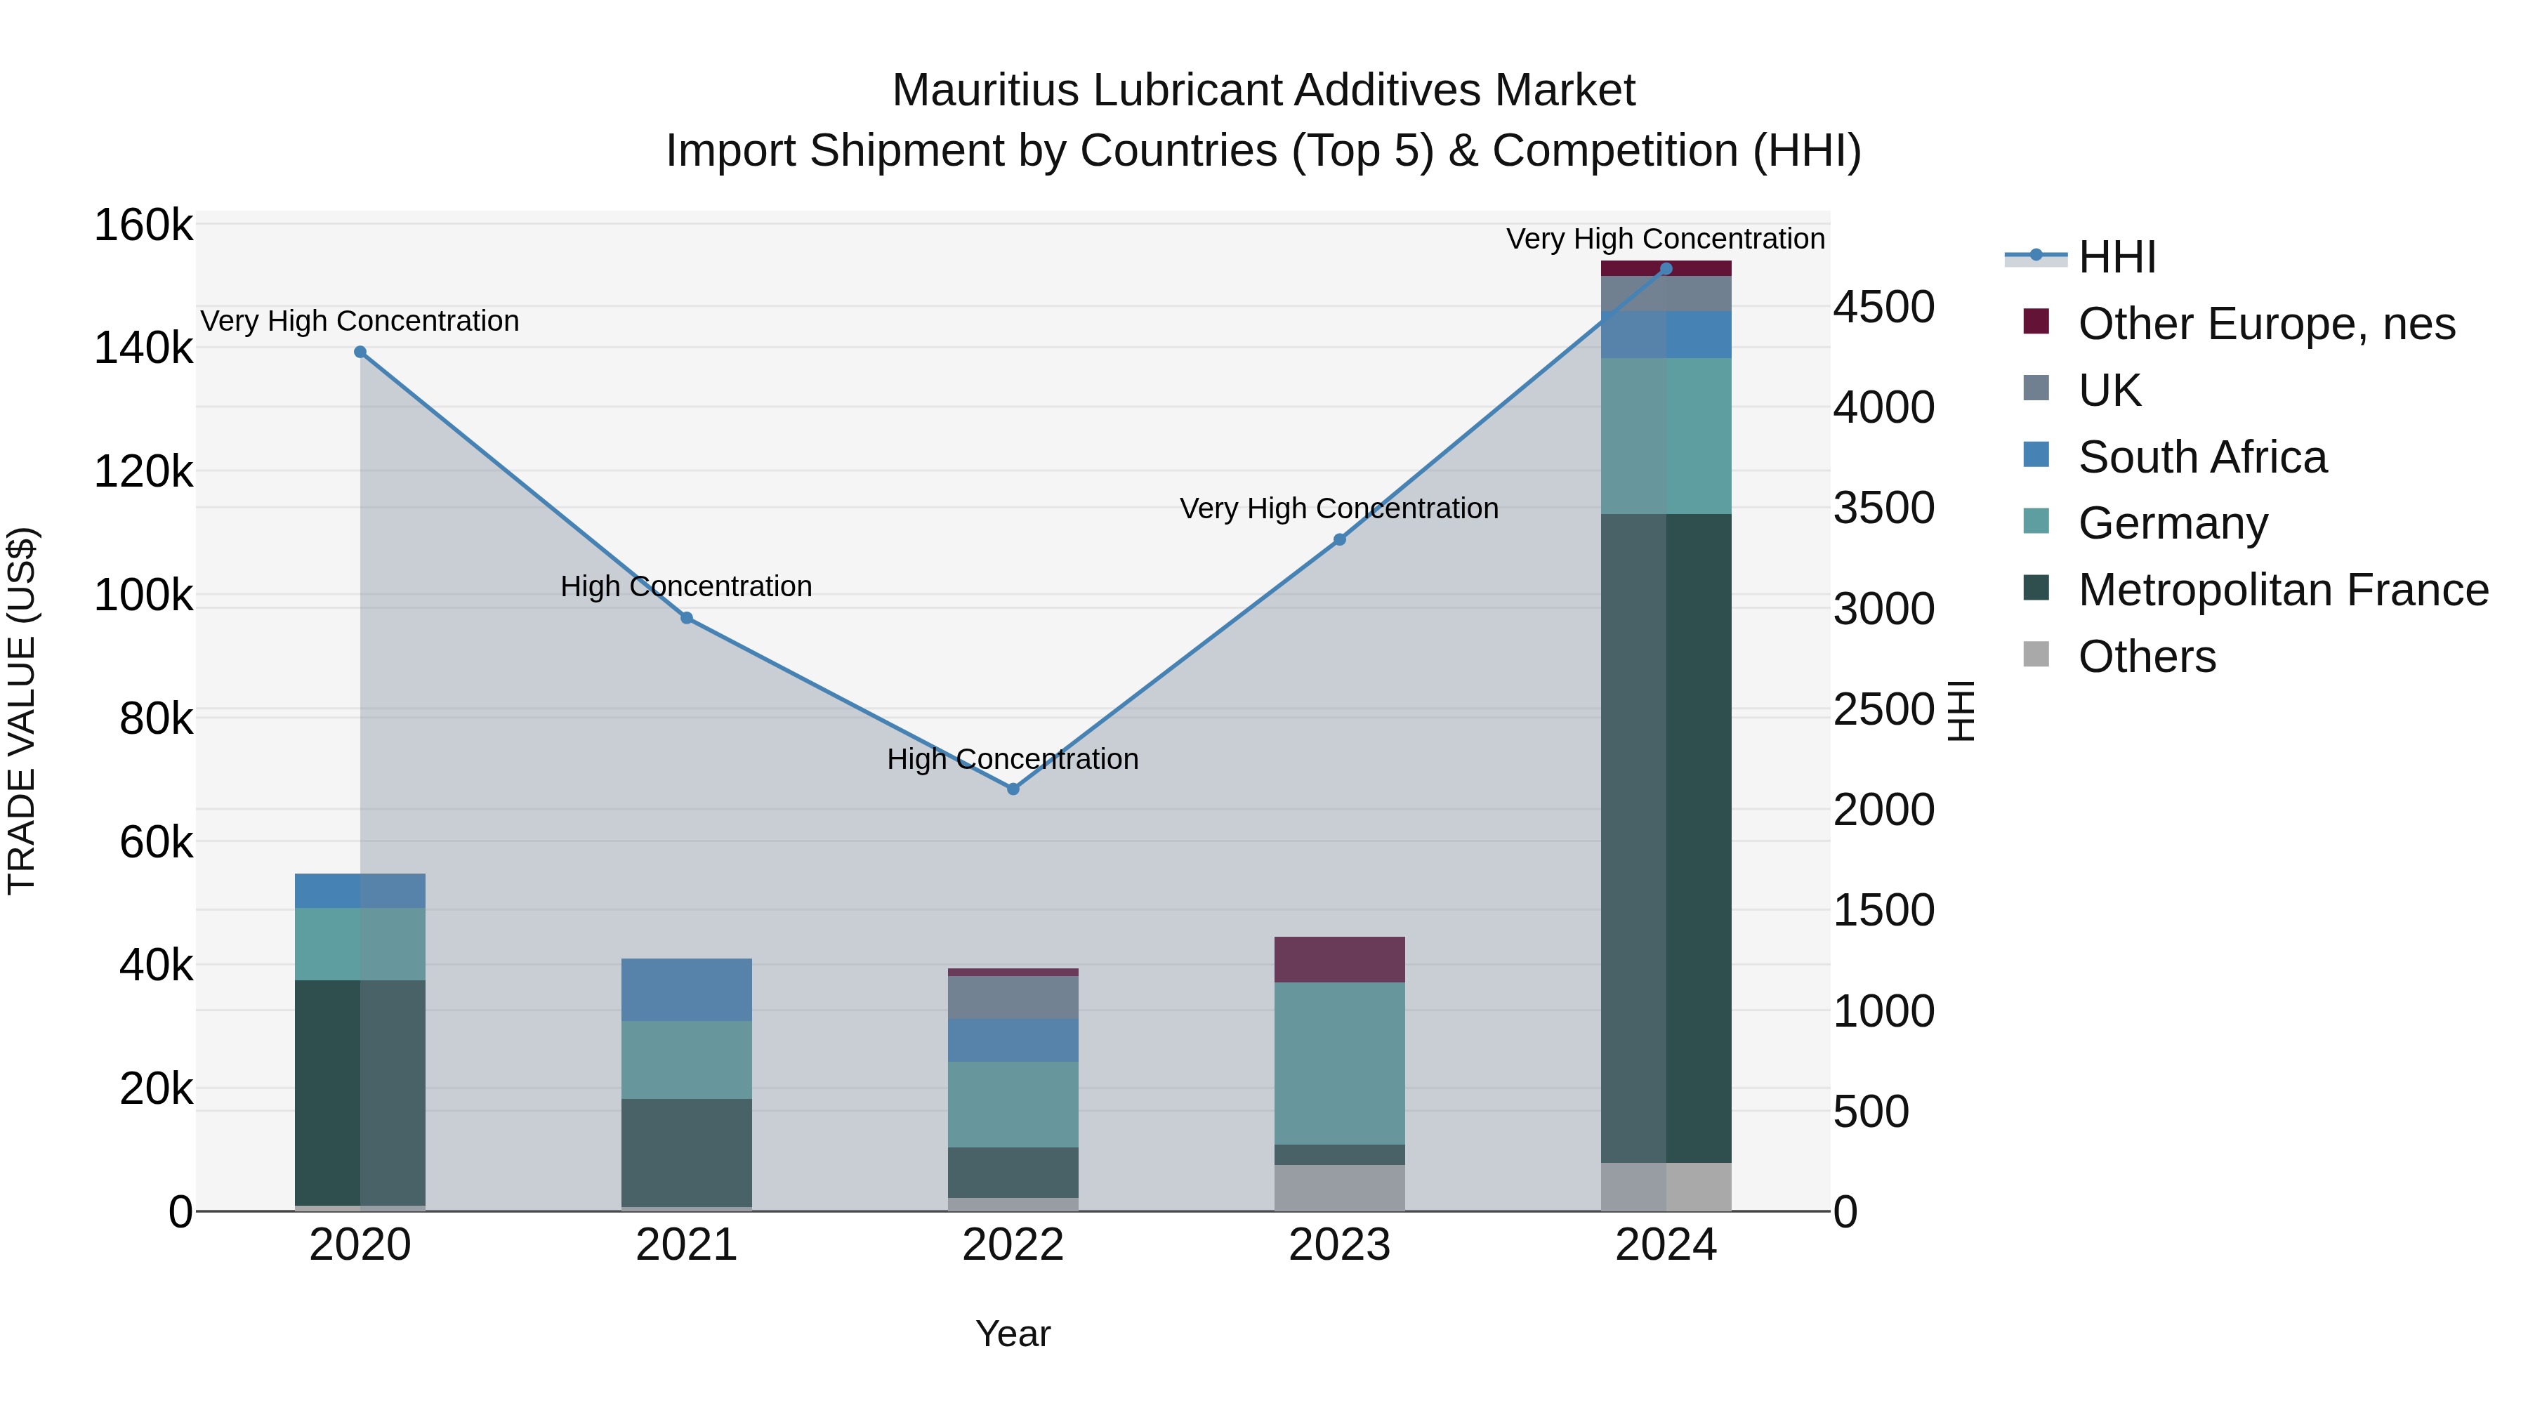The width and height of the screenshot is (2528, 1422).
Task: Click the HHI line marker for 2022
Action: pyautogui.click(x=1013, y=789)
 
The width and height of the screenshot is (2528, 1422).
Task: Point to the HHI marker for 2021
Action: pyautogui.click(x=687, y=618)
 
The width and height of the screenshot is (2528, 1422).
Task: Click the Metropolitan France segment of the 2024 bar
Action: pyautogui.click(x=1666, y=834)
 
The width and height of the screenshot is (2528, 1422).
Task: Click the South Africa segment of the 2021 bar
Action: pyautogui.click(x=687, y=989)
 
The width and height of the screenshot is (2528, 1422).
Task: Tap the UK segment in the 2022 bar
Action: pyautogui.click(x=1013, y=997)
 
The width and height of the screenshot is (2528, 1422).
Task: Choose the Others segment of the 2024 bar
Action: pyautogui.click(x=1666, y=1187)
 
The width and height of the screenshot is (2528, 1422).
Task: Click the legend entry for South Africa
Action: pyautogui.click(x=2201, y=457)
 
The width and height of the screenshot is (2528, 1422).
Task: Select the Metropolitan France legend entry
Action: pyautogui.click(x=2283, y=590)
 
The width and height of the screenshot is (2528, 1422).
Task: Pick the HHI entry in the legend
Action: pyautogui.click(x=2116, y=257)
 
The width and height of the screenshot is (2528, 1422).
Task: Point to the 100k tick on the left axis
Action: pyautogui.click(x=143, y=595)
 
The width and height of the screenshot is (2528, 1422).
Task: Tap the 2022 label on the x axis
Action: pyautogui.click(x=1013, y=1245)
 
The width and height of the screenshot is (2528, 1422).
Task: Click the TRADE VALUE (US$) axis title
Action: pyautogui.click(x=22, y=711)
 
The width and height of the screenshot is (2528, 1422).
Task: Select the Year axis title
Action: pyautogui.click(x=1013, y=1334)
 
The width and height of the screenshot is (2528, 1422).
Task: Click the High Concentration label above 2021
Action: pyautogui.click(x=686, y=586)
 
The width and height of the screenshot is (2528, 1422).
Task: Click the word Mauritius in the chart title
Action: pyautogui.click(x=987, y=91)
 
